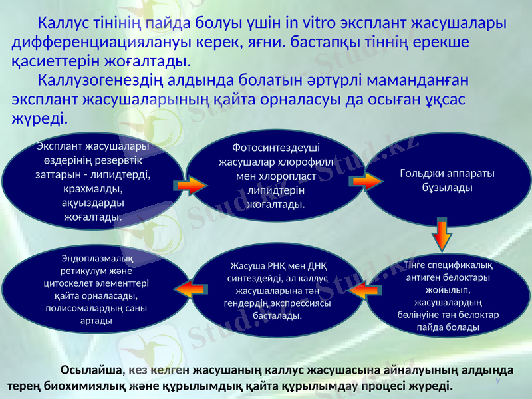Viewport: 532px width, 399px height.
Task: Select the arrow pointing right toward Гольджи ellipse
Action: point(366,182)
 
